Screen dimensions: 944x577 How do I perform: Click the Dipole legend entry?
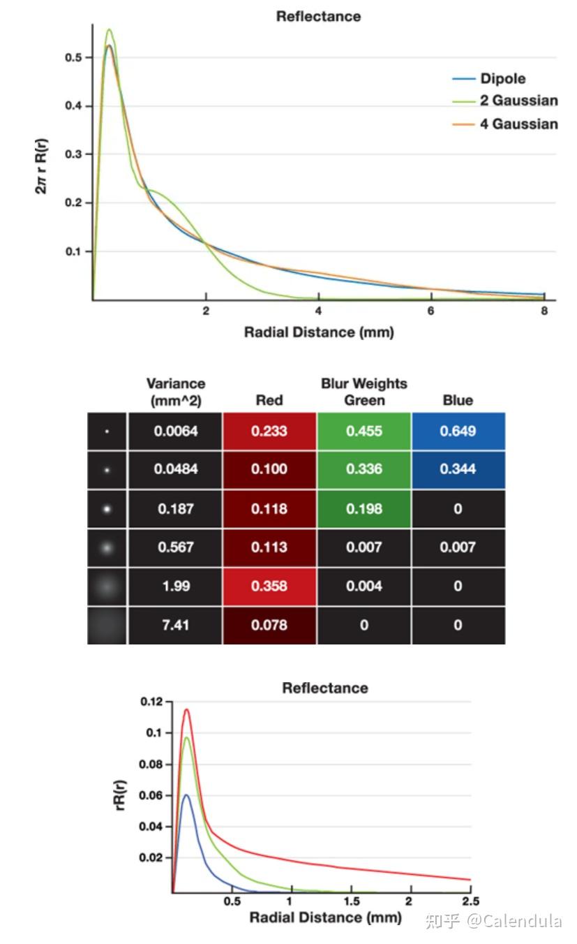click(502, 79)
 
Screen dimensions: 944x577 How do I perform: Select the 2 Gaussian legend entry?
click(518, 101)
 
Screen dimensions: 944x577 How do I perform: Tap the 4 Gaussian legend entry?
click(518, 124)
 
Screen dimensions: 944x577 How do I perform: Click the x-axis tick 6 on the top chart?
click(430, 311)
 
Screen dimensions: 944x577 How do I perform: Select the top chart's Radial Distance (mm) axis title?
click(319, 332)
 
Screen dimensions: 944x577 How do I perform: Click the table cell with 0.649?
click(458, 431)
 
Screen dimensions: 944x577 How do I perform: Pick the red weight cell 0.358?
click(269, 586)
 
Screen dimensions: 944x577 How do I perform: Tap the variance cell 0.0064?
click(176, 431)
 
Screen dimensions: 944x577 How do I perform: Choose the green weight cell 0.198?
click(364, 508)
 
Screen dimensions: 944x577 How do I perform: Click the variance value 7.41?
click(176, 625)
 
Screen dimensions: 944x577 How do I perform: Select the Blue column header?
click(458, 400)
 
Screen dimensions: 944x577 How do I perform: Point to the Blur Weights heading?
click(364, 384)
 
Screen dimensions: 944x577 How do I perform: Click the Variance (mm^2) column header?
click(176, 392)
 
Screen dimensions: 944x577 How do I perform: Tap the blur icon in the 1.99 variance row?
click(107, 586)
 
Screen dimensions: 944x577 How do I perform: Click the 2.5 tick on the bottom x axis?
click(470, 901)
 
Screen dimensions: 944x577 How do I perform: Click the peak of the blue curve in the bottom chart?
click(186, 795)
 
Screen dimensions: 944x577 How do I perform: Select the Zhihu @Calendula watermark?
click(493, 921)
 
